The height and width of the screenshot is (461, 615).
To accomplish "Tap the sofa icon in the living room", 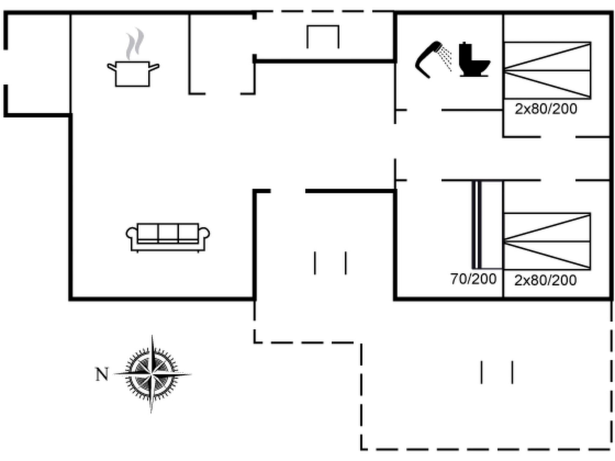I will [168, 237].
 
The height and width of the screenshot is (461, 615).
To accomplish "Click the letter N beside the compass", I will [102, 374].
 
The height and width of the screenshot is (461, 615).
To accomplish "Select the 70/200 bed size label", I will [473, 279].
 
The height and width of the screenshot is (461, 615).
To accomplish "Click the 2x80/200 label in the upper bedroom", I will [546, 109].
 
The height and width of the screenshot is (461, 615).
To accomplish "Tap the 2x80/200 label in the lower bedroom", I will [545, 280].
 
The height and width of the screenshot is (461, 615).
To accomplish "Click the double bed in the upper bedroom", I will [547, 71].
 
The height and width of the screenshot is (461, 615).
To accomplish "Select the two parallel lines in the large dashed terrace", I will [497, 372].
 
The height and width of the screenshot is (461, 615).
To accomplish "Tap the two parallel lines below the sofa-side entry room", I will [330, 263].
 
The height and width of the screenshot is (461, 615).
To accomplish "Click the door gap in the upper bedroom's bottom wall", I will [558, 137].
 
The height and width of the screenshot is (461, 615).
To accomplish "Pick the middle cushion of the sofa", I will [168, 233].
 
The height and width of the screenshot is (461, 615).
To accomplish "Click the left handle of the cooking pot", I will [111, 67].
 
